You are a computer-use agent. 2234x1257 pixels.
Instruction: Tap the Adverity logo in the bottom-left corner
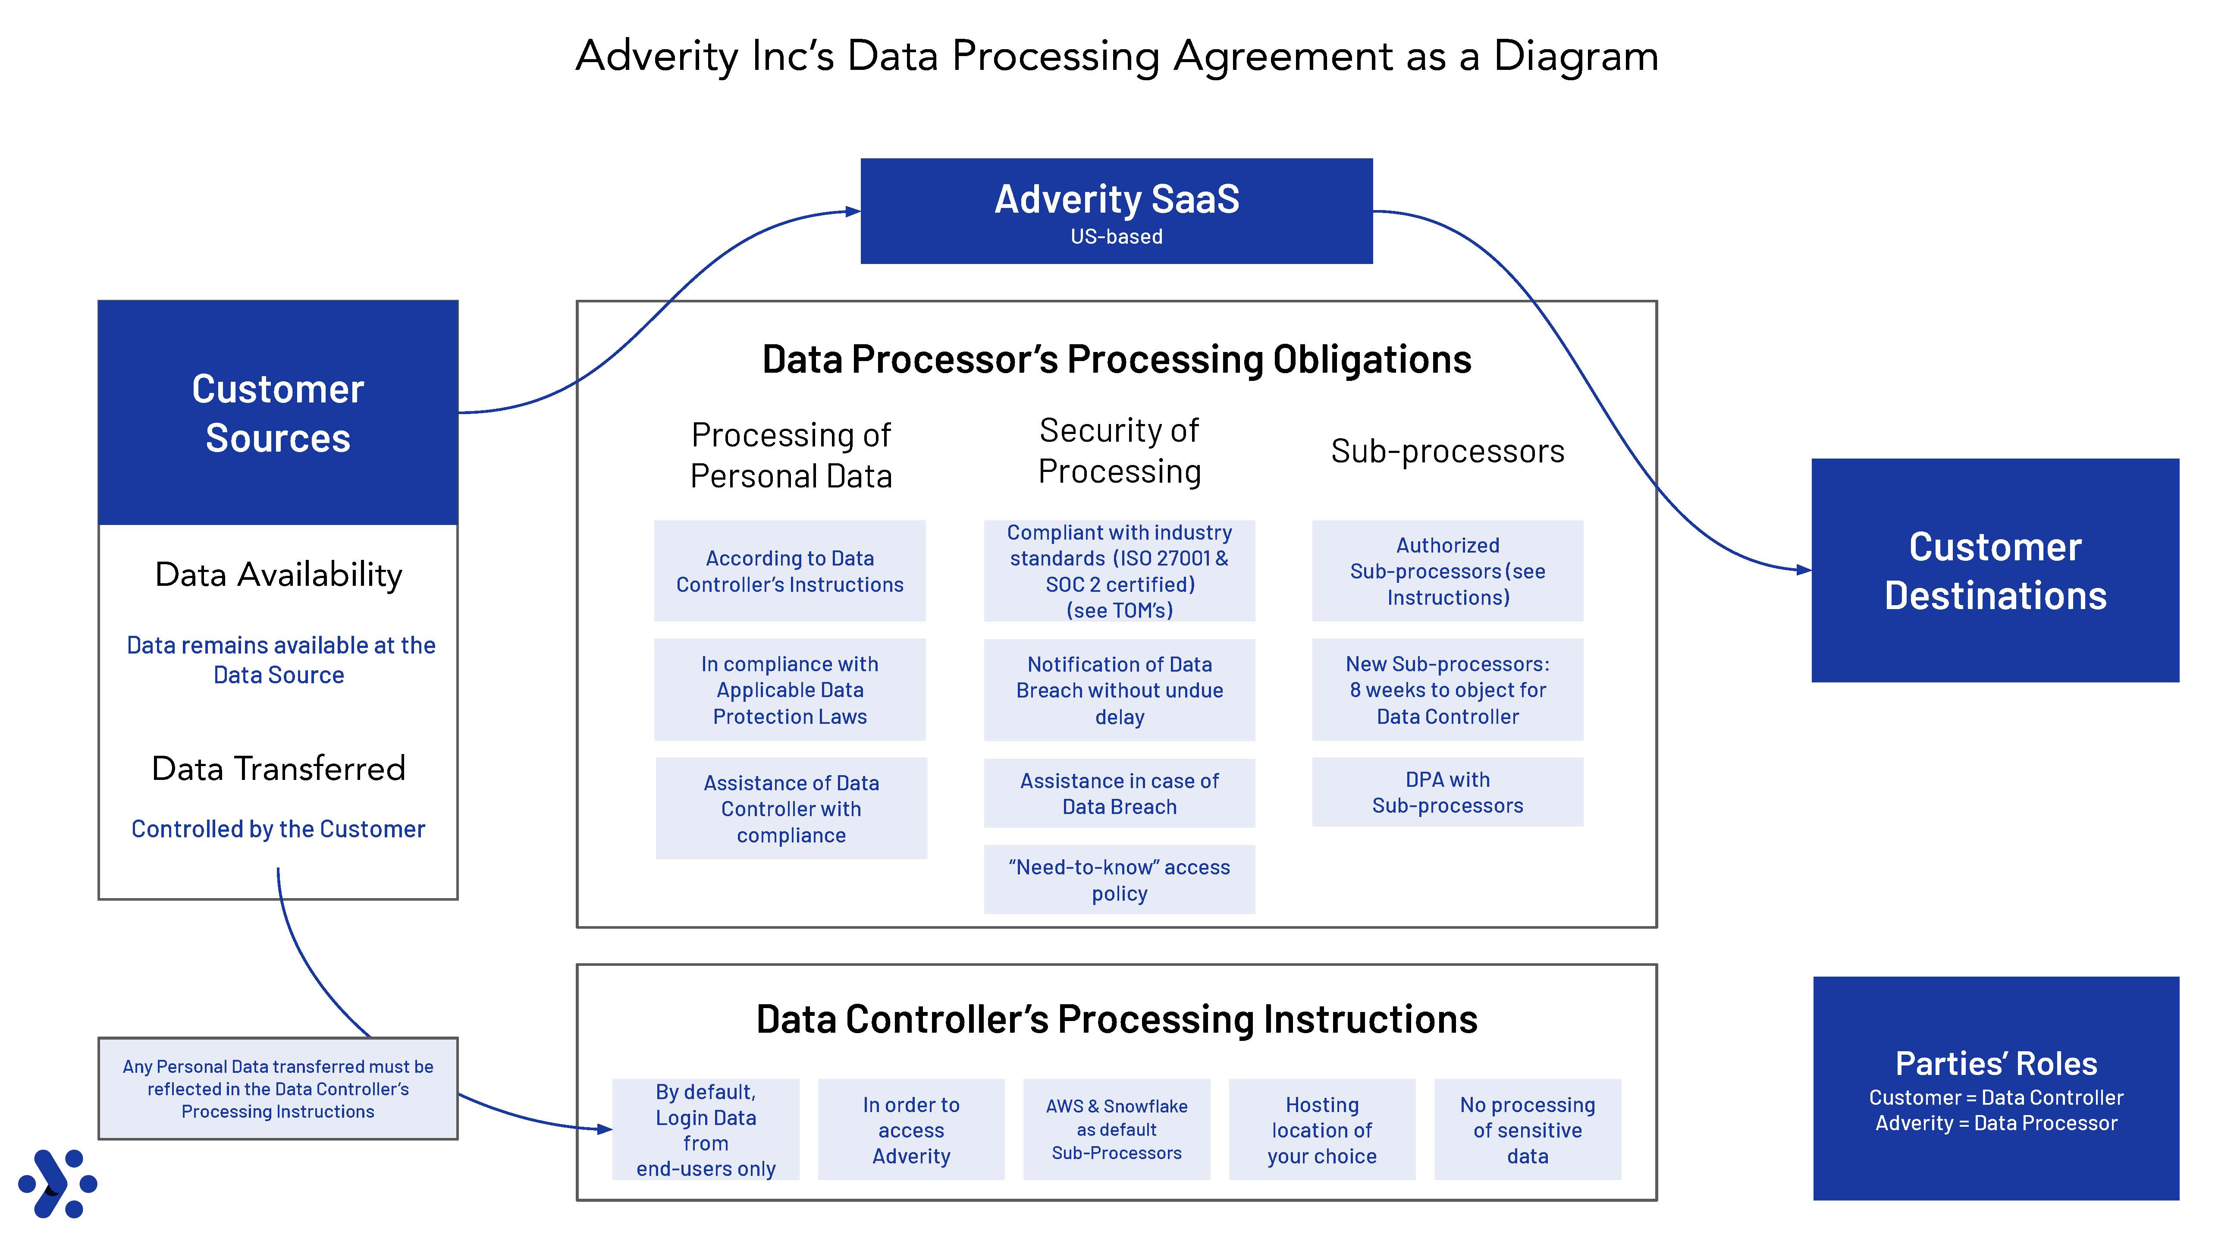coord(57,1183)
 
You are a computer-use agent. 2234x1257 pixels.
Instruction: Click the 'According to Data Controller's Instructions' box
coord(789,571)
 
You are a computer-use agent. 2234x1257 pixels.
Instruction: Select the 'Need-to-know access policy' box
coord(1119,880)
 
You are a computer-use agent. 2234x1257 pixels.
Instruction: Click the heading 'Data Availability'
coord(278,574)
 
